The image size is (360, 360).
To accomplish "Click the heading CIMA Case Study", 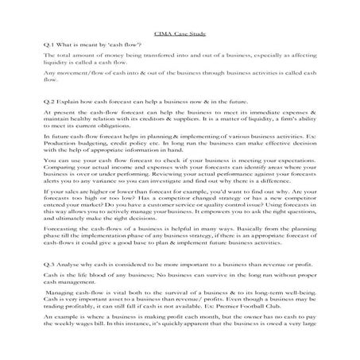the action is click(x=180, y=35).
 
